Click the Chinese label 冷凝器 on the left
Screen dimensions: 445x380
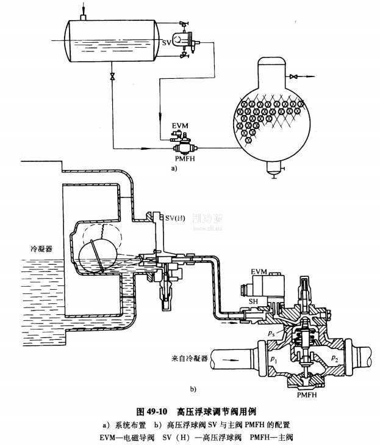point(42,249)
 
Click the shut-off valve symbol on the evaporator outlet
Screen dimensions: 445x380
point(293,76)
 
